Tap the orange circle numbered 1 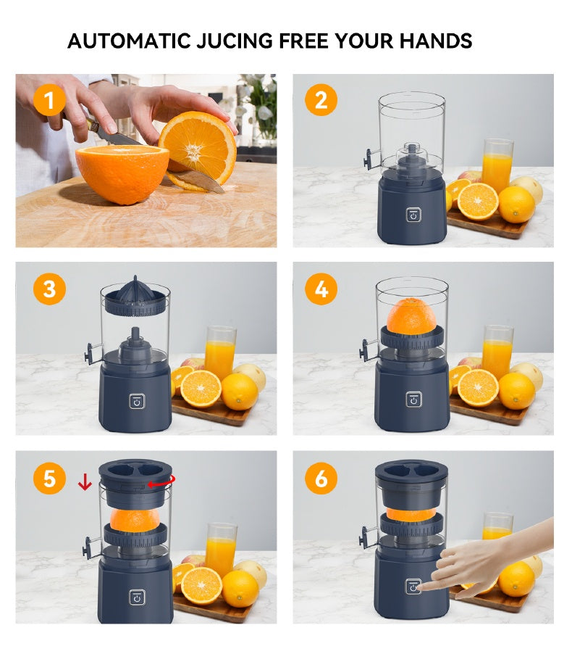coord(49,99)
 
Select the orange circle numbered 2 coord(321,99)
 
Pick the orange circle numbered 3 coord(49,289)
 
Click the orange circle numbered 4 coord(321,289)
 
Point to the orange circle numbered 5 coord(49,479)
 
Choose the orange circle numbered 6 coord(321,479)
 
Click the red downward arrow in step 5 coord(85,481)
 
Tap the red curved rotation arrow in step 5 coord(160,483)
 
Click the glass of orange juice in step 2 coord(497,167)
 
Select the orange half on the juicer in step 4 coord(411,316)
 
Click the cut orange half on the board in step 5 coord(201,584)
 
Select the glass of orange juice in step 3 coord(219,352)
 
